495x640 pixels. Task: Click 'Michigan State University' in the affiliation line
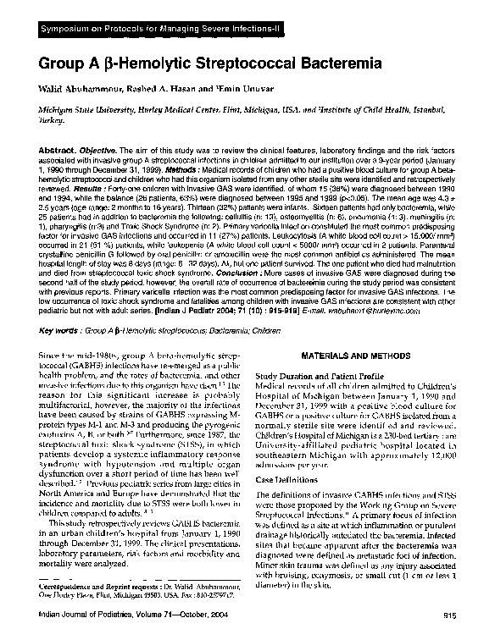click(x=86, y=111)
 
